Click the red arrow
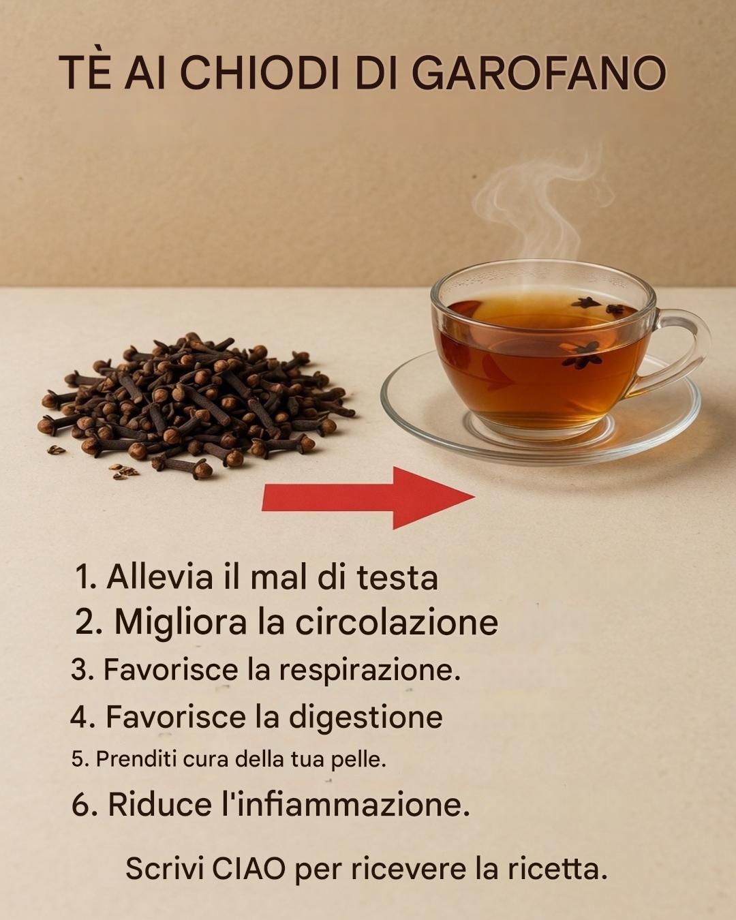click(368, 498)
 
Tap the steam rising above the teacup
click(545, 205)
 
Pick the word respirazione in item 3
click(370, 669)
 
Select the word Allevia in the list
click(159, 577)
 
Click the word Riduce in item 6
click(160, 805)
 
